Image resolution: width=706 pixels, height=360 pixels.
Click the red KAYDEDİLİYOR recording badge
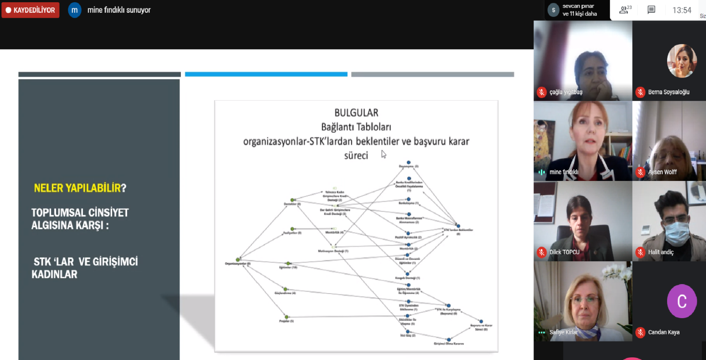[30, 10]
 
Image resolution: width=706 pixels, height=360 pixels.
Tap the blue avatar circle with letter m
[75, 10]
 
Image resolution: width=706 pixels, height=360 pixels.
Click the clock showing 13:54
[682, 10]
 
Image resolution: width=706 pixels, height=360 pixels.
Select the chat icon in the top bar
[651, 10]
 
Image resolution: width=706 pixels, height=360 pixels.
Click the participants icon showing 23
[625, 10]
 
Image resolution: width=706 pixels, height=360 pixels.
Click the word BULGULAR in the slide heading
[356, 113]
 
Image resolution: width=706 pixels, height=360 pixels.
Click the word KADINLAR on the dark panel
[54, 274]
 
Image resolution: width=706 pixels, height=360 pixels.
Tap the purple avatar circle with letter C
[682, 301]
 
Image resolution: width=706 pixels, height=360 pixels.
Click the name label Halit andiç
[661, 252]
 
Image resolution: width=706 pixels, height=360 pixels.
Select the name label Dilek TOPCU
[564, 252]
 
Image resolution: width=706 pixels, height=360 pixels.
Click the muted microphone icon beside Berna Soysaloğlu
[640, 92]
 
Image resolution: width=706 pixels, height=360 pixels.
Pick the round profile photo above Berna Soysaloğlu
[682, 61]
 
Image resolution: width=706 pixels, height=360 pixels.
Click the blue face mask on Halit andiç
[677, 232]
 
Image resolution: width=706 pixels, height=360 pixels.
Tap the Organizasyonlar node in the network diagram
[238, 259]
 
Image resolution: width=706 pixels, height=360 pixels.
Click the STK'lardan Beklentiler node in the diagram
[458, 226]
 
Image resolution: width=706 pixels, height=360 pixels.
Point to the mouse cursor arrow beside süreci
[383, 154]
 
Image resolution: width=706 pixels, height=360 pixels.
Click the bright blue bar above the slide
[266, 74]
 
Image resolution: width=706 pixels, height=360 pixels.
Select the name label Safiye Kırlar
[563, 332]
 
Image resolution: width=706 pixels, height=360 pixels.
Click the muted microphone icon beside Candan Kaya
[640, 332]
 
